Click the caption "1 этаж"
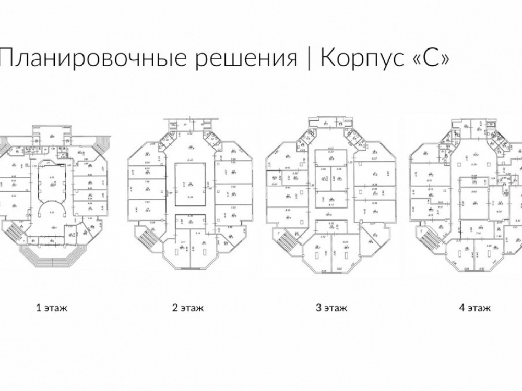[52, 308]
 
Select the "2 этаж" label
[188, 308]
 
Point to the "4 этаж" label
[474, 308]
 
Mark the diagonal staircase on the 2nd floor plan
[148, 238]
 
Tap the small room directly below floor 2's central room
[187, 219]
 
